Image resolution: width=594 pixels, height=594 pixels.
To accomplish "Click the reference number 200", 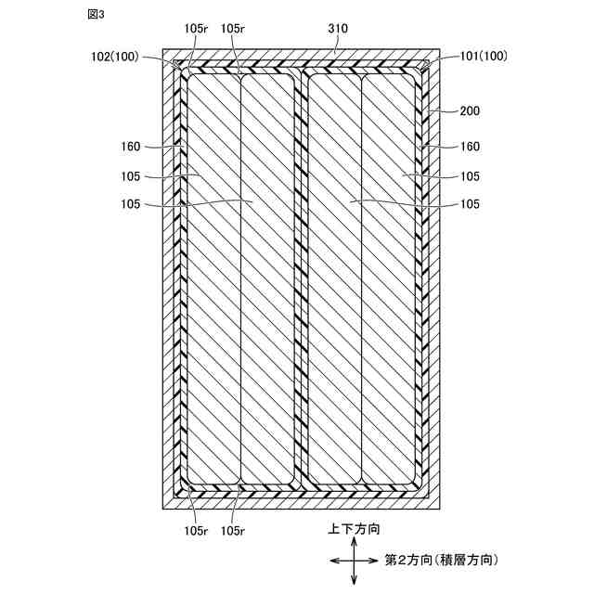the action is (471, 110).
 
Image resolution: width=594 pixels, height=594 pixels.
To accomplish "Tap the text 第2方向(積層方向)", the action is (441, 560).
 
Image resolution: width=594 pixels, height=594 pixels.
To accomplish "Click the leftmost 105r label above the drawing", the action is (196, 29).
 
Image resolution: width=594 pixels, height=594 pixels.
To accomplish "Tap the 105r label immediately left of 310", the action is (235, 29).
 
